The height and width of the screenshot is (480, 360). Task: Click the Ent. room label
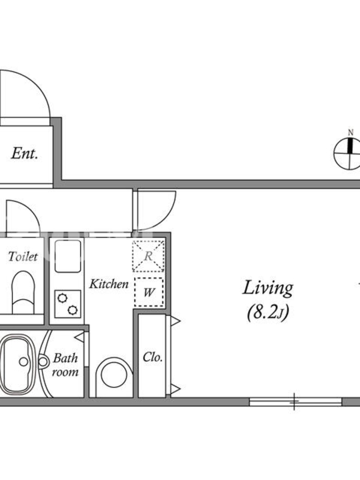25,154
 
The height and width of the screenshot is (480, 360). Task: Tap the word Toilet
23,257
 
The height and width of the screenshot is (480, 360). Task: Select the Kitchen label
109,284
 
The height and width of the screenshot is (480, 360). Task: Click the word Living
268,289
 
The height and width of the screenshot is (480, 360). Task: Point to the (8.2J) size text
268,313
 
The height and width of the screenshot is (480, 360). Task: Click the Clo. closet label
152,357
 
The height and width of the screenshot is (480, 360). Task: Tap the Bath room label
65,365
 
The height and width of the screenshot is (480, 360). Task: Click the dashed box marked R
148,256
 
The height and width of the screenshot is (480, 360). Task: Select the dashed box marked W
149,292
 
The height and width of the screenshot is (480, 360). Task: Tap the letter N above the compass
350,133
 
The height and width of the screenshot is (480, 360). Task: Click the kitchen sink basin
68,257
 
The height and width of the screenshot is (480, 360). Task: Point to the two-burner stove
68,304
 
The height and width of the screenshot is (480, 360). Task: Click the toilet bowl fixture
23,292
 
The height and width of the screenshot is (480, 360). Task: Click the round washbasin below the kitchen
114,376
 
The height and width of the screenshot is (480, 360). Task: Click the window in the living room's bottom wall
295,401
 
